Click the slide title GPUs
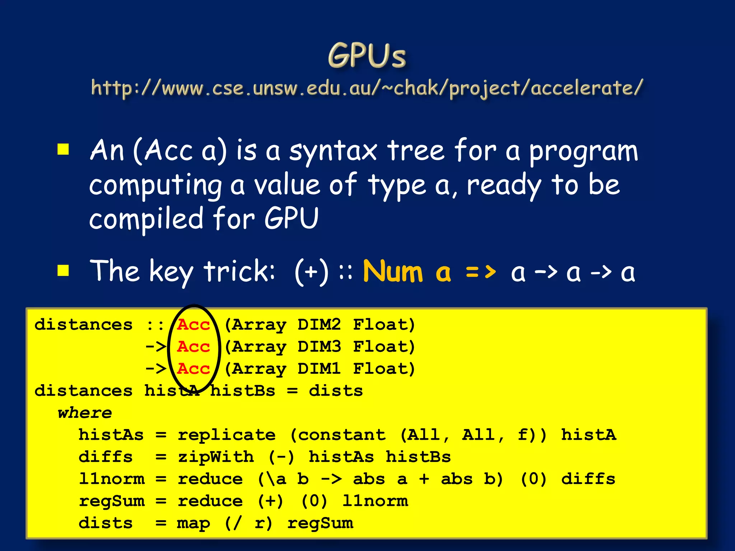[367, 56]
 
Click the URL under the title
[367, 88]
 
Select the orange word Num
[393, 272]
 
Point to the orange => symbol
[481, 272]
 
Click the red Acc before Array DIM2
[193, 325]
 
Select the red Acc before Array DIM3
[193, 347]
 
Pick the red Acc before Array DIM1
[193, 369]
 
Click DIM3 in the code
[319, 347]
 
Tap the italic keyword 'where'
[85, 413]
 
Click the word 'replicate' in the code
[227, 435]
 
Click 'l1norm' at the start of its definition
[112, 479]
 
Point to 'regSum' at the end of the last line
[320, 523]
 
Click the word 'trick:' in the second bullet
[239, 271]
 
